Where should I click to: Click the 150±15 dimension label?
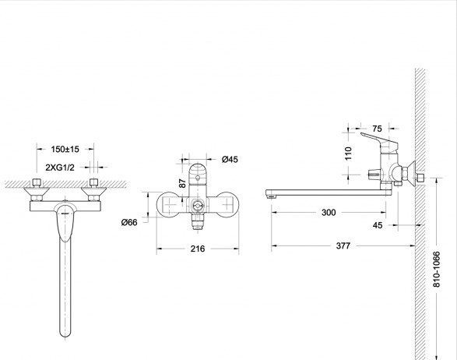tap(65, 149)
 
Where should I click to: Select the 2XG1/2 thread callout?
tap(60, 168)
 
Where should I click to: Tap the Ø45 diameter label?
tap(230, 159)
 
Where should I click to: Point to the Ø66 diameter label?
tap(129, 222)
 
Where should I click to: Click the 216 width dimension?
tap(198, 249)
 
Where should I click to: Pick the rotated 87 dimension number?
tap(182, 183)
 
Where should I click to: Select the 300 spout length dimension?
tap(329, 213)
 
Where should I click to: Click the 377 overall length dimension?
tap(343, 246)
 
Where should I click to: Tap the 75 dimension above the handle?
tap(377, 129)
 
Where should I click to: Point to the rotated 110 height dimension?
tap(348, 154)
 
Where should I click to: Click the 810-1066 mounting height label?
tap(436, 270)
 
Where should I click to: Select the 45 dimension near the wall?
tap(378, 225)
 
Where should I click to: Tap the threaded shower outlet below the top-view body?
tap(198, 221)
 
